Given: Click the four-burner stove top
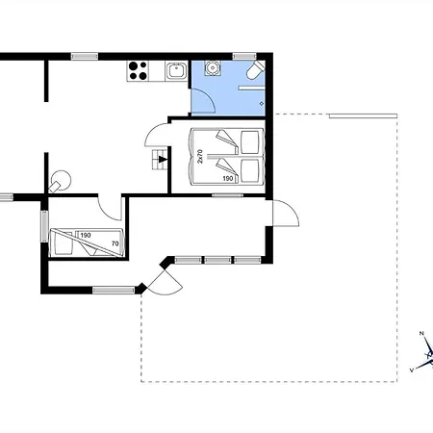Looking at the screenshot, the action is point(138,71).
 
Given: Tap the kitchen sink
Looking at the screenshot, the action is point(176,70).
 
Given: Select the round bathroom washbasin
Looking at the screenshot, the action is point(212,67).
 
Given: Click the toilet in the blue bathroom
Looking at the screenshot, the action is point(256,70).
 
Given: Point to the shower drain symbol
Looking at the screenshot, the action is point(262,103).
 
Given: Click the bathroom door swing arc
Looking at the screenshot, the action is point(210,96).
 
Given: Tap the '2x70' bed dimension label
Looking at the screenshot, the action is point(200,156).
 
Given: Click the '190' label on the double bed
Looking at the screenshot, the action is point(228,178).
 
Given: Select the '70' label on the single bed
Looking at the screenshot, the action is point(115,243).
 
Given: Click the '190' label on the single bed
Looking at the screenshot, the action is point(86,236).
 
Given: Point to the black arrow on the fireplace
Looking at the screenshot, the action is point(163,159).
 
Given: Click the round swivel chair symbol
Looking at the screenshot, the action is point(60,181).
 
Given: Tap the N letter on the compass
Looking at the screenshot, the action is point(421,334).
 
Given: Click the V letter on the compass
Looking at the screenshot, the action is point(412,370).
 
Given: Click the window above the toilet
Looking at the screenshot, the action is point(244,57).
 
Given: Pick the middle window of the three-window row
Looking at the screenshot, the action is point(217,260).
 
